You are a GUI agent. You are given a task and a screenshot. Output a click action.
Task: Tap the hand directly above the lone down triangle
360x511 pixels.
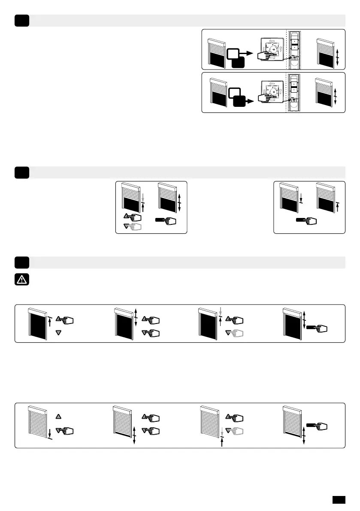tap(65, 319)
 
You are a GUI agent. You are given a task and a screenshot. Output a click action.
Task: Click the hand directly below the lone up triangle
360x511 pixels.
tap(65, 430)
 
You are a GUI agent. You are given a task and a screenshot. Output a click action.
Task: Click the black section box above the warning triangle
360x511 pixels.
tap(21, 262)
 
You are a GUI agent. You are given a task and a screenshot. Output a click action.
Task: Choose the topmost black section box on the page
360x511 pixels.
tap(21, 20)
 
